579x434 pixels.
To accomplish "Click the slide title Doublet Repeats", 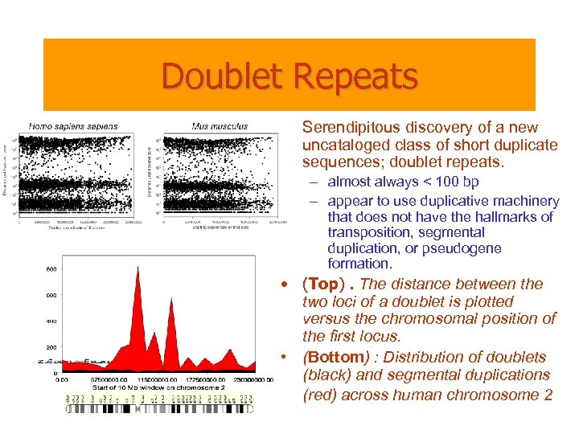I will pos(289,76).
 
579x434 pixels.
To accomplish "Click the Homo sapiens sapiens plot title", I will pos(72,126).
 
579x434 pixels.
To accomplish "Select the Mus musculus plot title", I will pos(220,126).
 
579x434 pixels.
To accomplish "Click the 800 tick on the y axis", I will pos(51,269).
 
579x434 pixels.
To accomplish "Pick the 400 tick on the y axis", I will pos(51,321).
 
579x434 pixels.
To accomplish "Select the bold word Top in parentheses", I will pos(323,285).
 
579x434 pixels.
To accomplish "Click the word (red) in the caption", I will pos(321,395).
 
